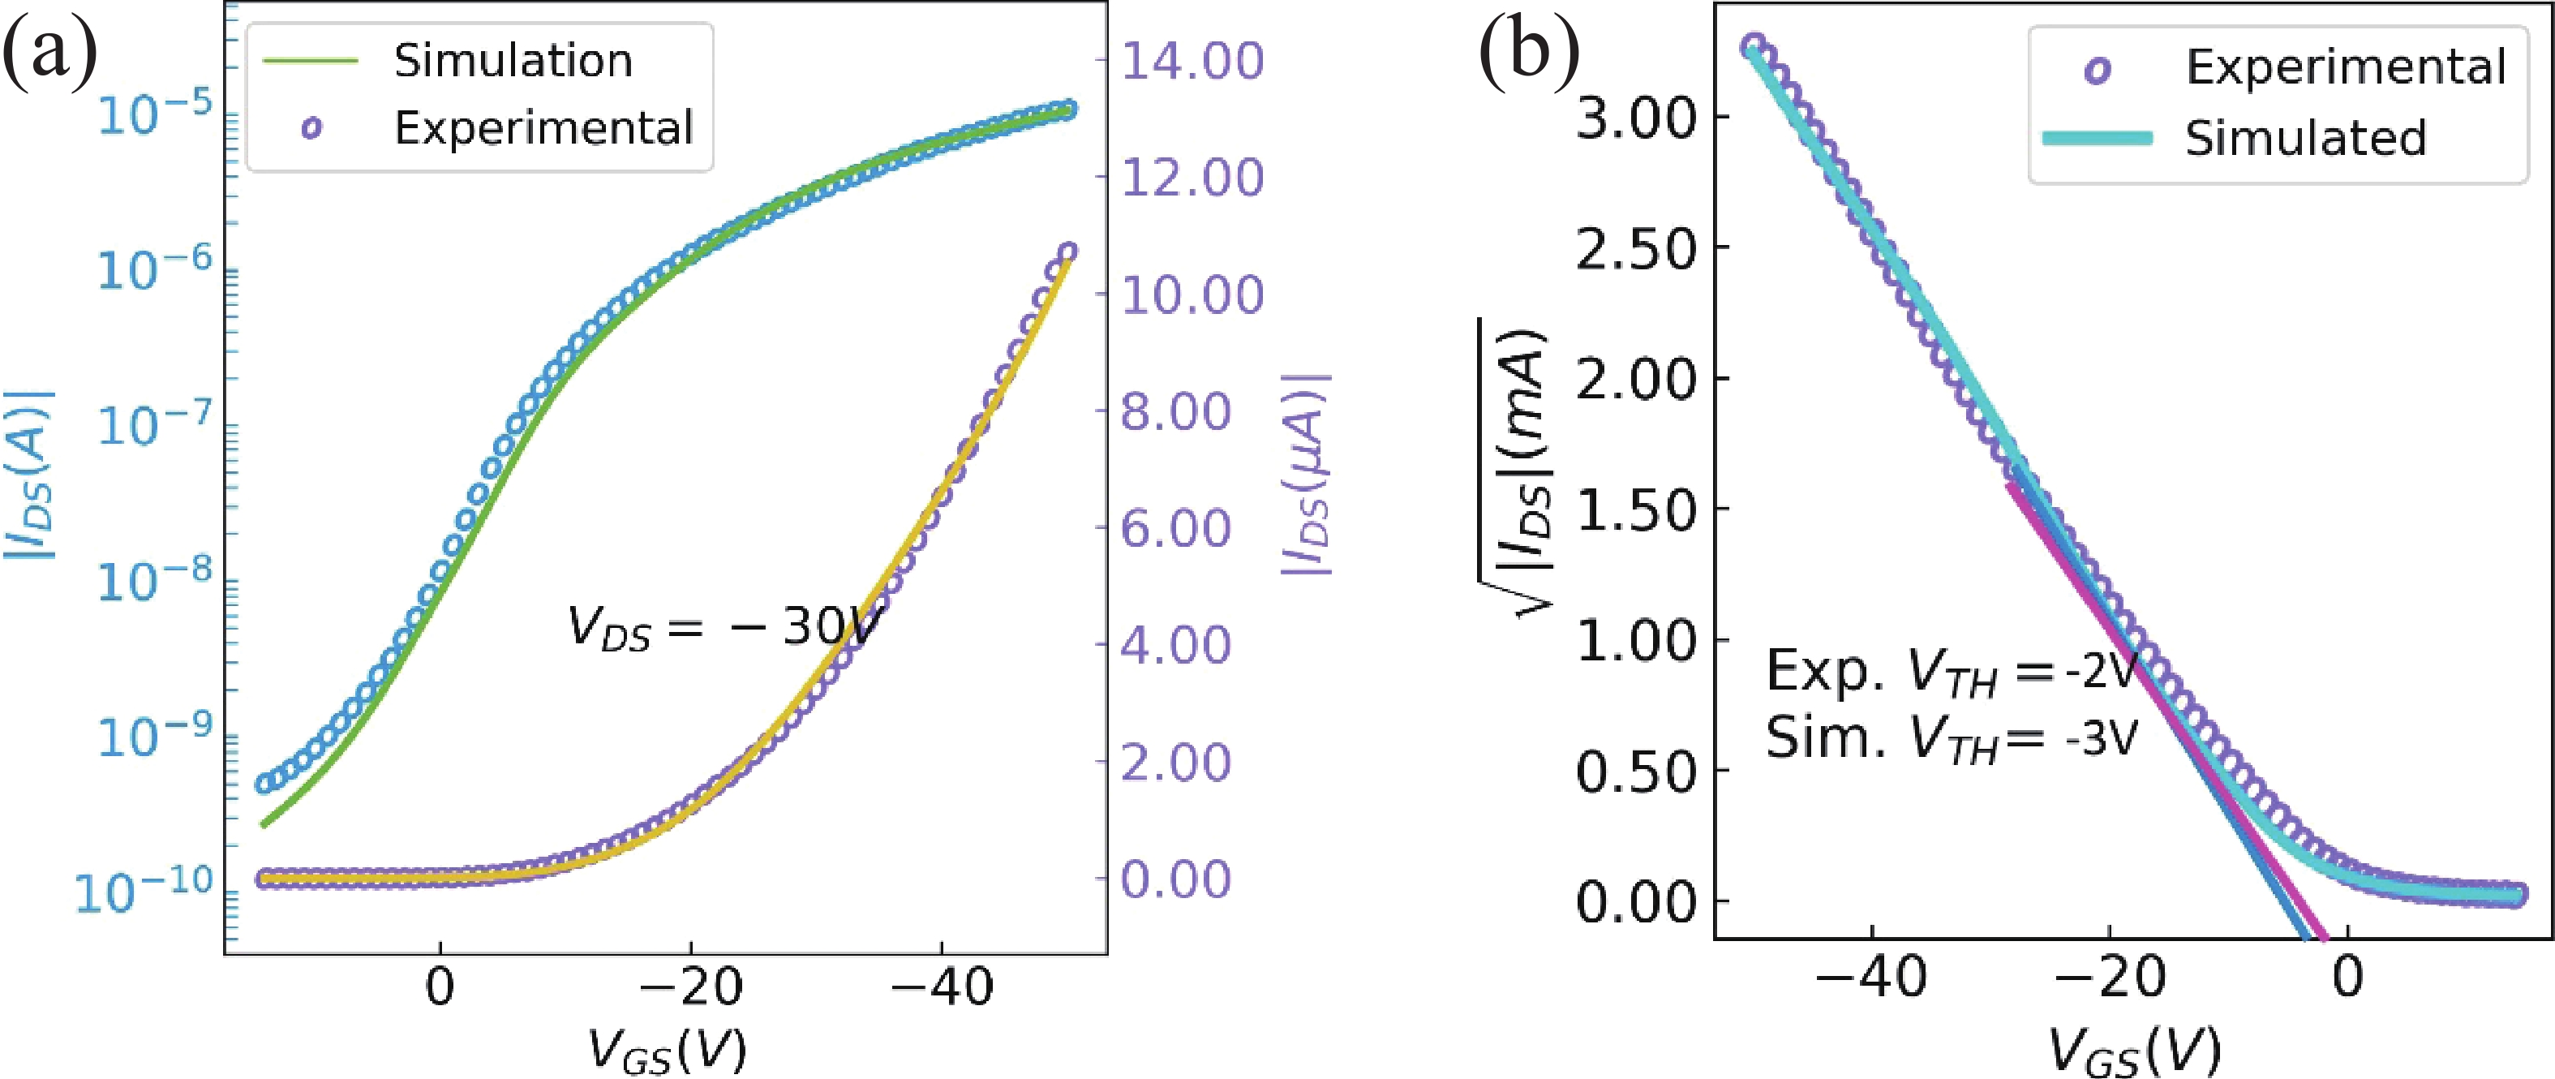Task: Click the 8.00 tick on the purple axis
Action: coord(1176,411)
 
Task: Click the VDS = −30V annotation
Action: coord(724,628)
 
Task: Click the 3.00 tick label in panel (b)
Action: coord(1637,118)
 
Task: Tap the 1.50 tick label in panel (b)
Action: coord(1637,511)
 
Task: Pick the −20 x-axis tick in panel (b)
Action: coord(2109,978)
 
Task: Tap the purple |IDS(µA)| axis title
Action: coord(1308,476)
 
